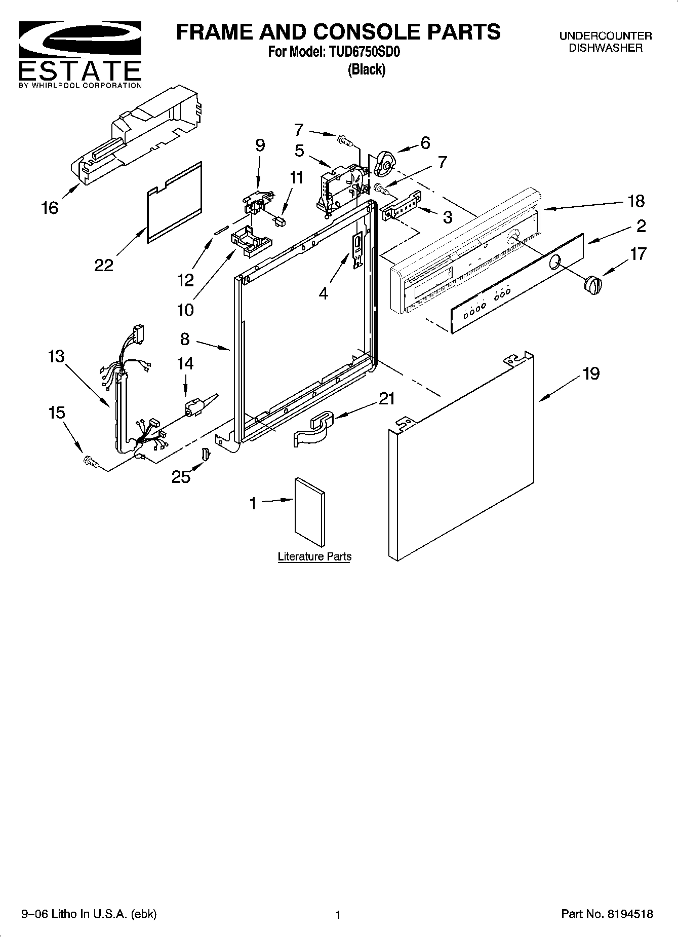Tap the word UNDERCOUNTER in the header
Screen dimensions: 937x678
click(605, 36)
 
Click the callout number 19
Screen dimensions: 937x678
click(591, 373)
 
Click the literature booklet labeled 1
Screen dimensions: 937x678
click(310, 512)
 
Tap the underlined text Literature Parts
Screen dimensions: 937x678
click(314, 556)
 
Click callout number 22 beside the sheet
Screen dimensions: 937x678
click(104, 265)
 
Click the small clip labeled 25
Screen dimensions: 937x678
click(206, 455)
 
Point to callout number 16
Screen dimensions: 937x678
click(50, 207)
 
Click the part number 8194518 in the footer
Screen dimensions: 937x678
click(627, 914)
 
